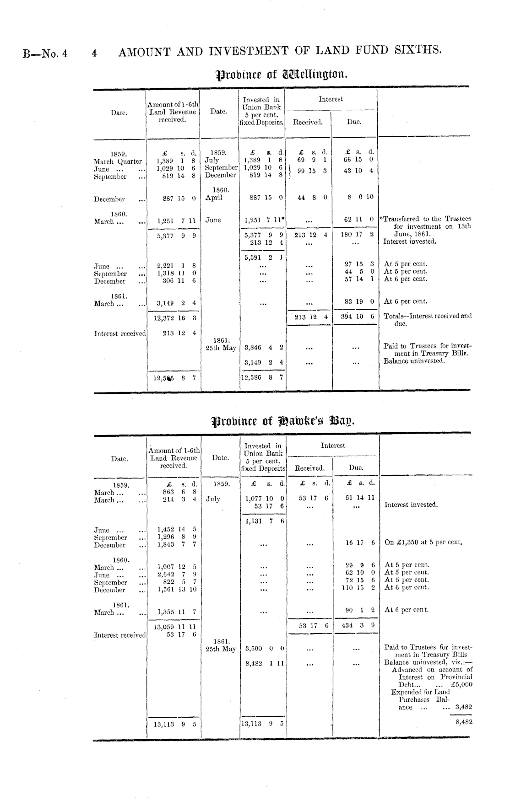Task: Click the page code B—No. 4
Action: tap(45, 53)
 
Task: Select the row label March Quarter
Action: tap(118, 161)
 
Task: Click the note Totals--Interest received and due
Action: tap(427, 319)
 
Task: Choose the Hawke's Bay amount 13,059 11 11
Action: tap(174, 627)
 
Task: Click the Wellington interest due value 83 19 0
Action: tap(359, 301)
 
